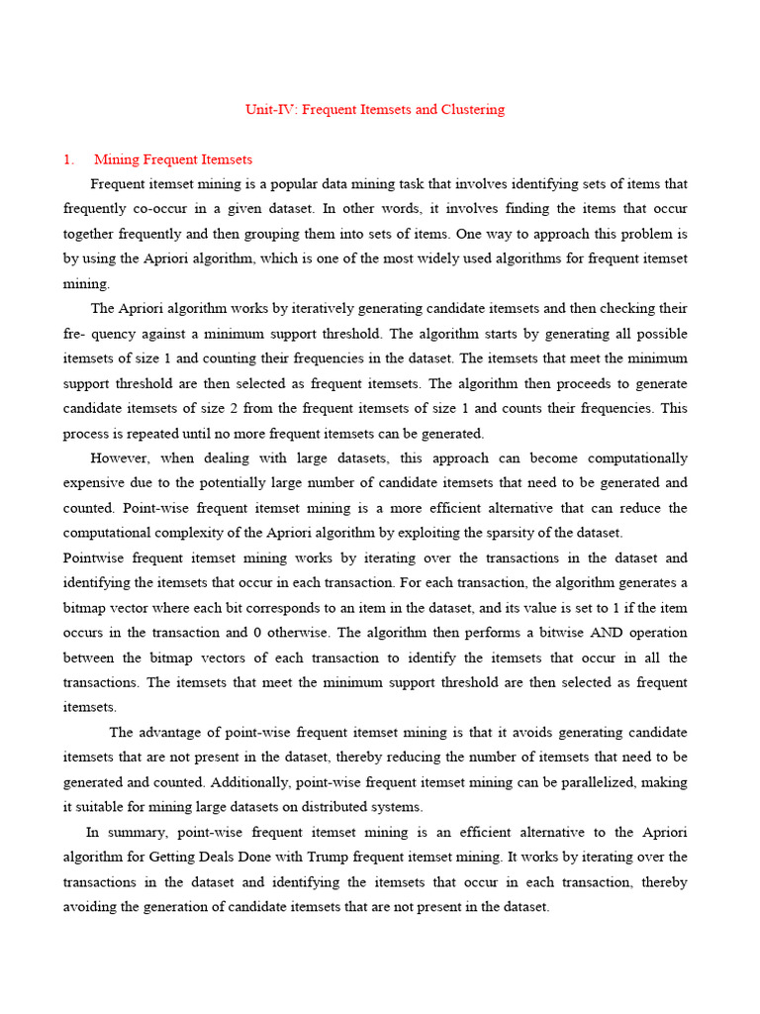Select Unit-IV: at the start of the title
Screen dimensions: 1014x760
(270, 109)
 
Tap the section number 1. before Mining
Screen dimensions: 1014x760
(68, 159)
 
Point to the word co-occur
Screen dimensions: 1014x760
(157, 209)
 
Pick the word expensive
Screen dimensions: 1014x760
(95, 483)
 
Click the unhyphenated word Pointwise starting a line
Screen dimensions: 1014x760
(94, 558)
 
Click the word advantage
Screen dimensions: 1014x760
(178, 733)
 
